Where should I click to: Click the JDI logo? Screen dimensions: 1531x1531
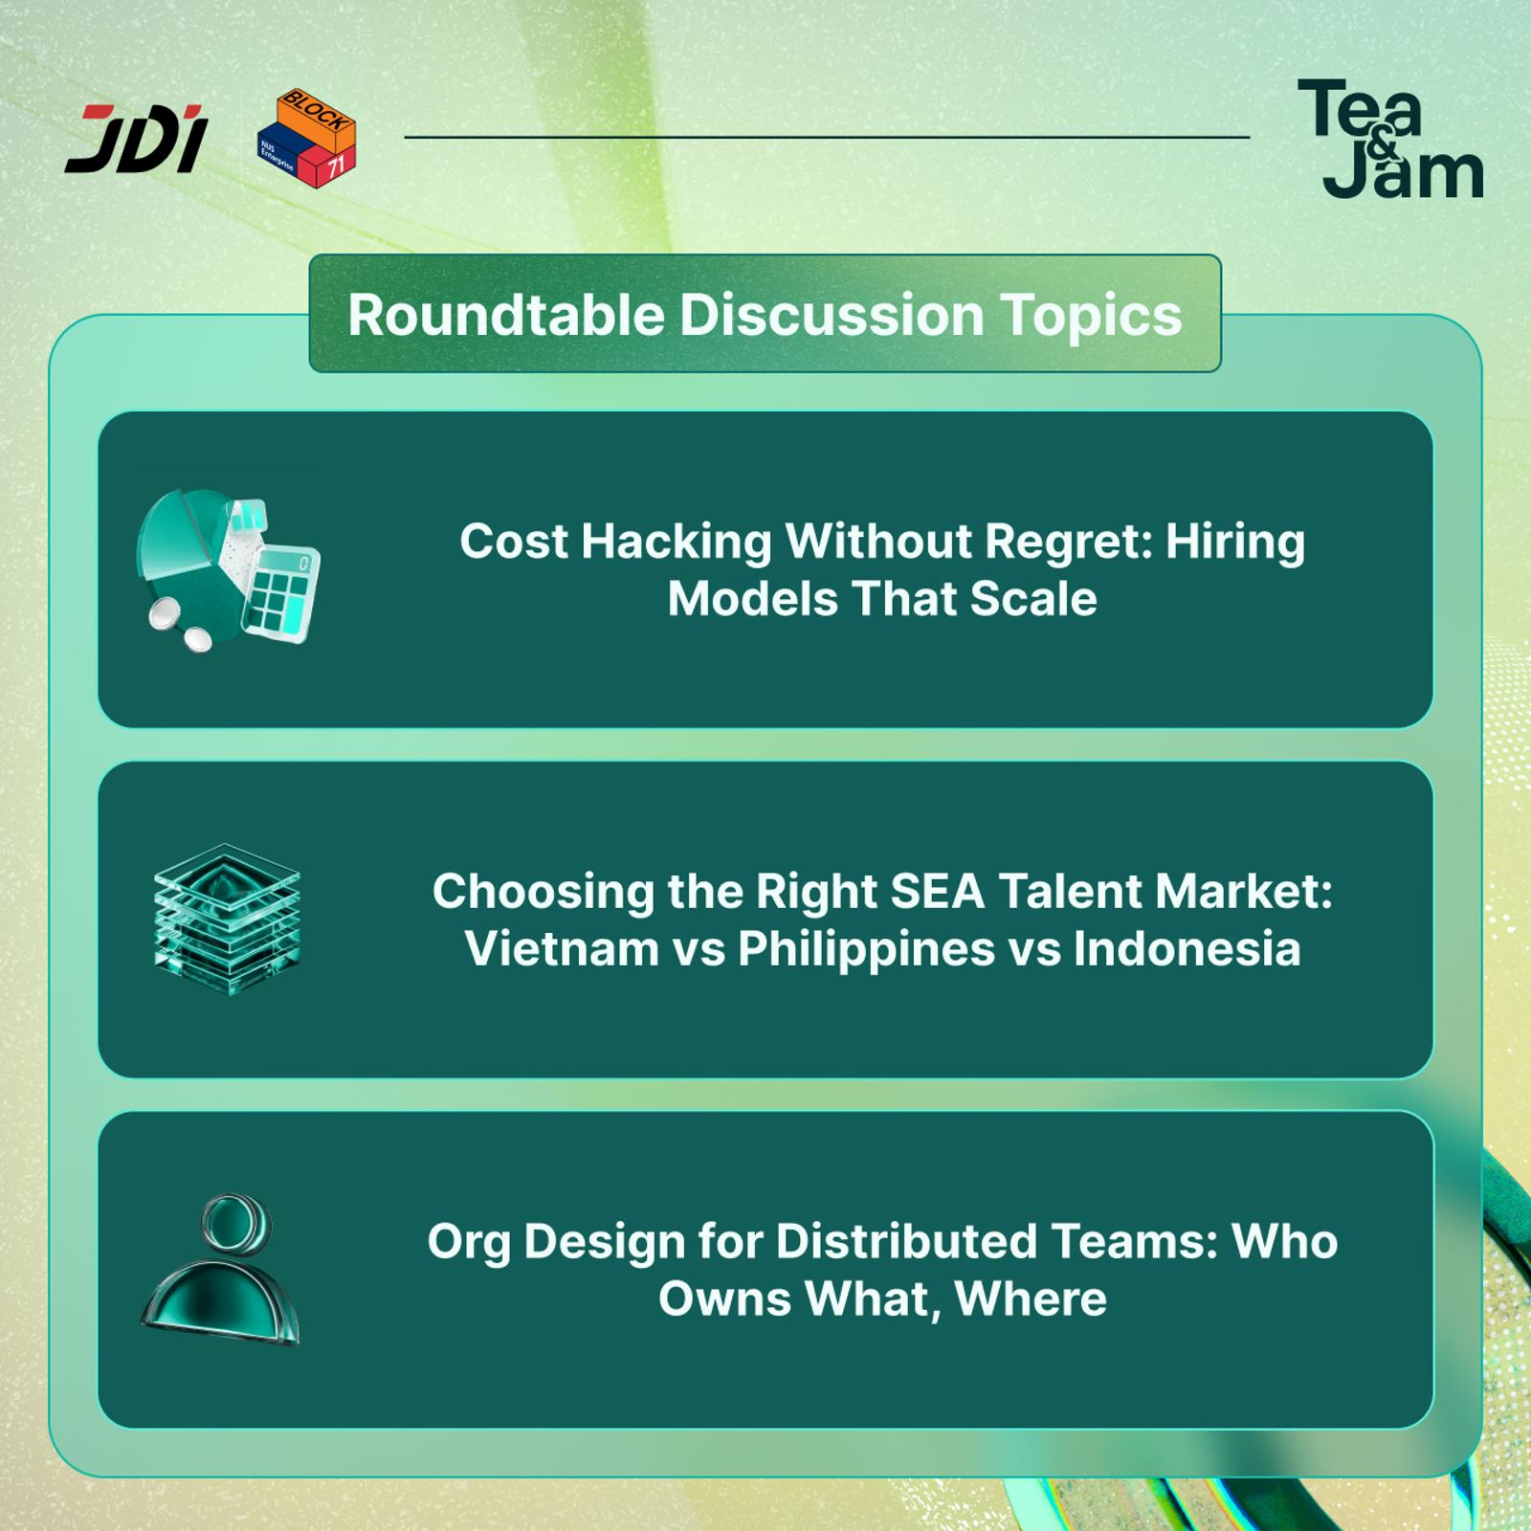coord(136,139)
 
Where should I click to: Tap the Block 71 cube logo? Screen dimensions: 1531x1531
coord(307,138)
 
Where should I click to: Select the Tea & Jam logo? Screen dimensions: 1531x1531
coord(1390,139)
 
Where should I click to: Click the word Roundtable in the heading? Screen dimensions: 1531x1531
coord(506,314)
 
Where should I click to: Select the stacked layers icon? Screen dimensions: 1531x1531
coord(227,920)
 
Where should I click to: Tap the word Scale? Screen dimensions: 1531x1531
coord(1032,599)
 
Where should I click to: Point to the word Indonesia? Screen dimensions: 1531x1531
coord(1187,949)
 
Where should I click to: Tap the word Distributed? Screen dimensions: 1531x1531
coord(906,1242)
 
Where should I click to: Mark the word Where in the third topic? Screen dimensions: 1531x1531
coord(1031,1299)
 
